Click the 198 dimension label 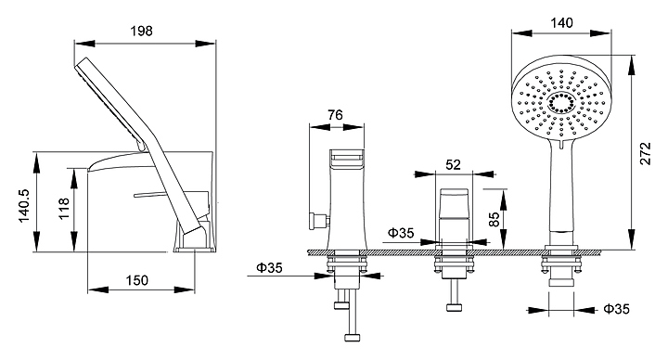pyautogui.click(x=141, y=31)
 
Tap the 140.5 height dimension pyautogui.click(x=24, y=205)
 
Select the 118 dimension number pyautogui.click(x=63, y=209)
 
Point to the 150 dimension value pyautogui.click(x=137, y=280)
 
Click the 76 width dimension pyautogui.click(x=335, y=115)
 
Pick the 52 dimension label pyautogui.click(x=454, y=164)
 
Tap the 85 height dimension pyautogui.click(x=494, y=219)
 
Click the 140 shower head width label pyautogui.click(x=561, y=22)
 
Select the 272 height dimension pyautogui.click(x=646, y=153)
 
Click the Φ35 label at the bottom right pyautogui.click(x=616, y=308)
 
